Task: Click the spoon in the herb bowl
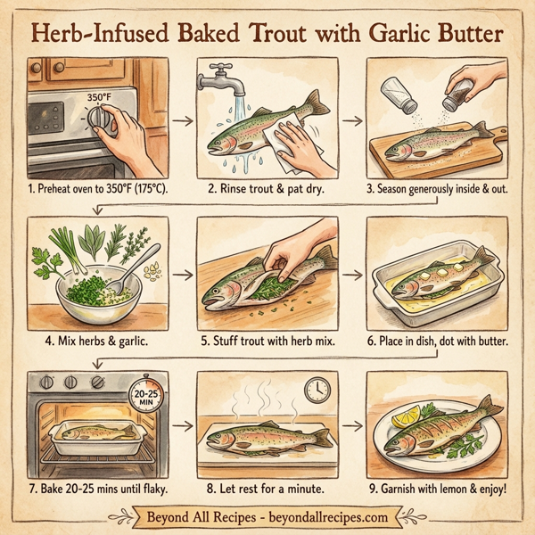[x=144, y=267]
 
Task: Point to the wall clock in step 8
[x=317, y=389]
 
